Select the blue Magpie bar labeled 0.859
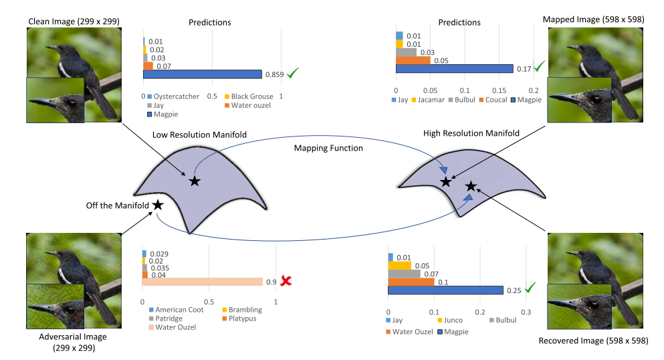202,74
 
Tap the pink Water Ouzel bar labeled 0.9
202,282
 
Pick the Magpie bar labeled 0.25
445,289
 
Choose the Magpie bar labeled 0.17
454,68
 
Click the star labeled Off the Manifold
158,205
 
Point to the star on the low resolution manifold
194,181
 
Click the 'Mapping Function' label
329,148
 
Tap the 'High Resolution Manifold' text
471,134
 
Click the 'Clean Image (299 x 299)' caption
74,21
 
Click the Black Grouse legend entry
247,96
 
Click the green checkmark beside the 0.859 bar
292,73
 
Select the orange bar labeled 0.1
411,281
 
